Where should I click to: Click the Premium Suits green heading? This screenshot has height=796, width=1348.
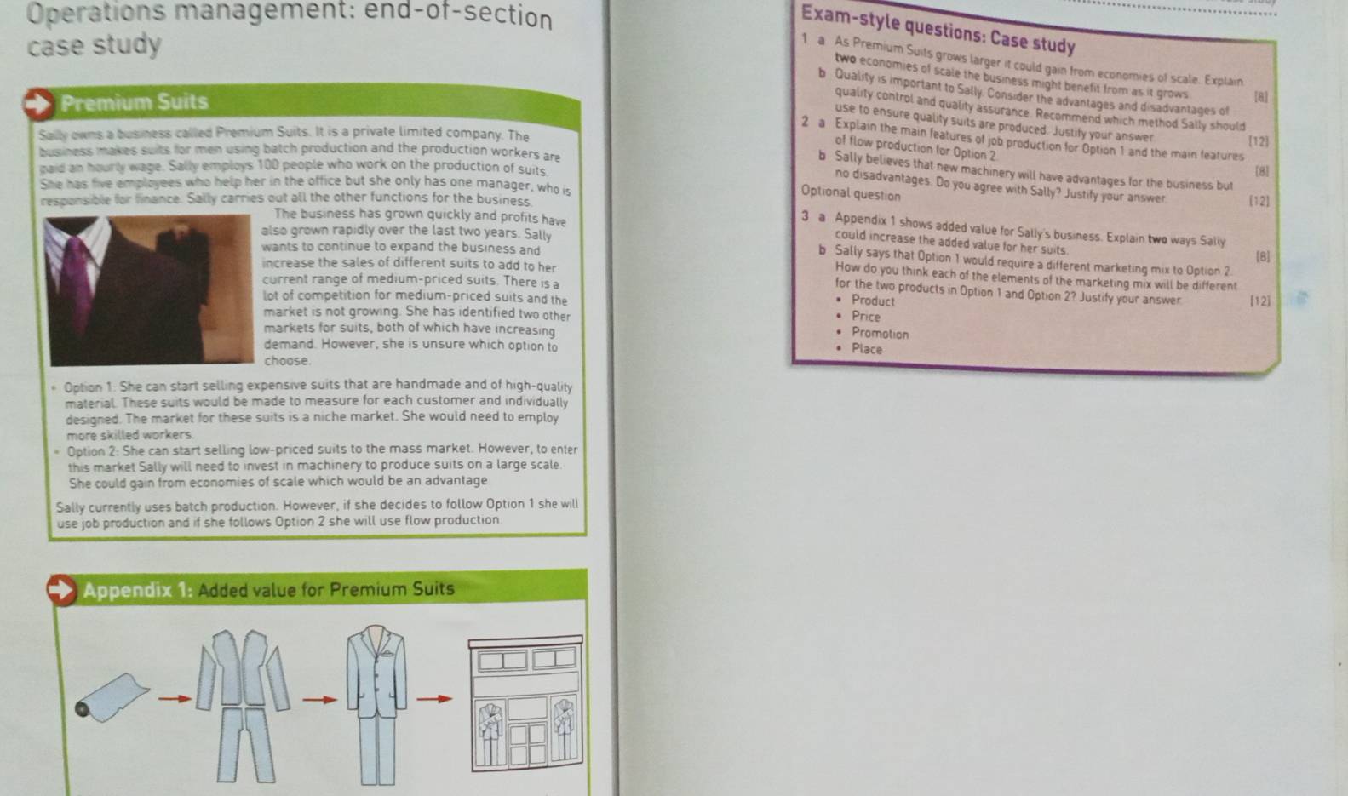point(134,103)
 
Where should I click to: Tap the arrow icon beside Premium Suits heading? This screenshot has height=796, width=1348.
point(37,104)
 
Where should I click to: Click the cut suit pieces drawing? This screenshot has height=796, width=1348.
point(244,704)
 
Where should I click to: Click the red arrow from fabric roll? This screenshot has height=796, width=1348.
point(175,699)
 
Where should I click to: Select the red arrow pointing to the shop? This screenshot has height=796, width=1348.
point(434,699)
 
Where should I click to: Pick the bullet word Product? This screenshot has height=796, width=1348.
point(873,301)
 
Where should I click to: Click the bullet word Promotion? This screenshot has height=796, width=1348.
point(880,334)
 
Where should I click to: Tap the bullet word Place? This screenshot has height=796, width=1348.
point(867,349)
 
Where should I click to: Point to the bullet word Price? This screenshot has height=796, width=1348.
point(866,317)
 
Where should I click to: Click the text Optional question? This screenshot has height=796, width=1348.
point(850,193)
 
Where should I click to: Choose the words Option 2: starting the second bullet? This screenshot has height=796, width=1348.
point(93,451)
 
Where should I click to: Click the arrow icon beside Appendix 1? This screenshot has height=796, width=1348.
point(60,589)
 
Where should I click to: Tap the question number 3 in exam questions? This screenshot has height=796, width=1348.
point(805,216)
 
